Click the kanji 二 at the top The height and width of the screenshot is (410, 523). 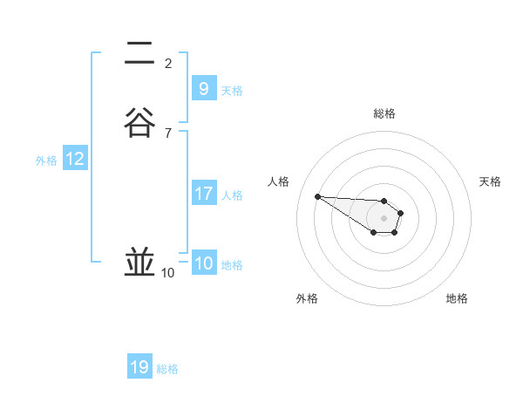click(x=139, y=54)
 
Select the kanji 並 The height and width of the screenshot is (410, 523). click(x=139, y=263)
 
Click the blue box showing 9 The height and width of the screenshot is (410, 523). click(x=203, y=88)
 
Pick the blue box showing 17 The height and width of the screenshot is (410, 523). click(x=203, y=194)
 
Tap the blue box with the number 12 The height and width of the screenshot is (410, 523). click(x=75, y=159)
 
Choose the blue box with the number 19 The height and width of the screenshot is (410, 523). click(x=139, y=367)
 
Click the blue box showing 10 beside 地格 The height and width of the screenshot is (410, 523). click(x=203, y=263)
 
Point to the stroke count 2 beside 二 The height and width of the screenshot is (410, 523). click(x=168, y=63)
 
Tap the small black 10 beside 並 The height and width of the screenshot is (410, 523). click(x=168, y=273)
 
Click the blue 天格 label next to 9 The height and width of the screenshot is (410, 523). click(x=232, y=90)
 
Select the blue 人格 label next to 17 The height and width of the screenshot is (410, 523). click(x=232, y=195)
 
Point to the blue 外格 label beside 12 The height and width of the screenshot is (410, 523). click(x=46, y=161)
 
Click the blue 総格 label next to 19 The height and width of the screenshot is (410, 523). click(x=167, y=369)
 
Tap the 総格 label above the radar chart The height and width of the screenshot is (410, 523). click(x=384, y=113)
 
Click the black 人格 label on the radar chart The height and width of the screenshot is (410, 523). click(x=278, y=181)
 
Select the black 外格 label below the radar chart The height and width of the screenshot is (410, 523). click(x=307, y=298)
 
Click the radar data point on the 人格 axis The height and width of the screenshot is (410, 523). click(x=317, y=196)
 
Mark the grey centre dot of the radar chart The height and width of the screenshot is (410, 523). click(x=384, y=218)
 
